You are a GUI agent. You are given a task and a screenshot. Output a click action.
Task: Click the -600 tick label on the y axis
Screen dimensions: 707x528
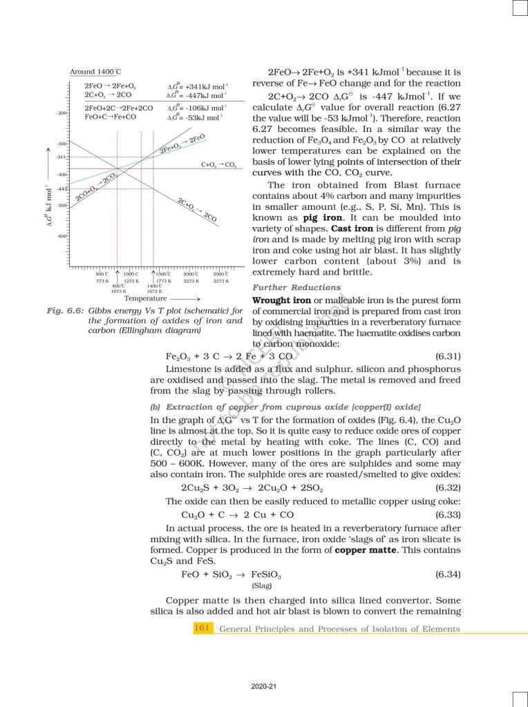[x=62, y=236]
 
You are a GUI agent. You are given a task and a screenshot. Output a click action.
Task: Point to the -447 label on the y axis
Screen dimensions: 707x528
[x=62, y=188]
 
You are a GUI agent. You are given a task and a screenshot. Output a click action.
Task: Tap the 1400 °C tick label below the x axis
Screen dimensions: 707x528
[x=154, y=286]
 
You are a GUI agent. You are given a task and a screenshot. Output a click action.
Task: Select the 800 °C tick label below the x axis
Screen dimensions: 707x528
[x=118, y=286]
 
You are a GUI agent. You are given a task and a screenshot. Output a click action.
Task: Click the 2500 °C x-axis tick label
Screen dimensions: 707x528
[x=221, y=275]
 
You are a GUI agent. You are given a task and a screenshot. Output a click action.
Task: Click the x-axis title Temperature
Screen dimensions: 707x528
[x=145, y=298]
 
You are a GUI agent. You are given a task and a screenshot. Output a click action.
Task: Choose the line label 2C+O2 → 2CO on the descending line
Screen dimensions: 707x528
[x=198, y=209]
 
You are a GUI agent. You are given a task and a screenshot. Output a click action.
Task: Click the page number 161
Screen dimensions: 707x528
[x=202, y=628]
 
